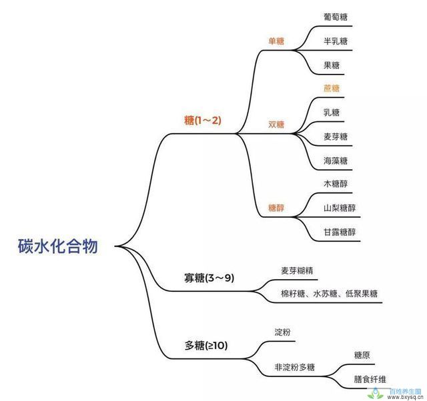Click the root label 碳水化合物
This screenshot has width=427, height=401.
tap(58, 246)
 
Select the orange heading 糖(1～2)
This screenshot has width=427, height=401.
tap(203, 120)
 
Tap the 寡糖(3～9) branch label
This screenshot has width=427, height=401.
tap(209, 278)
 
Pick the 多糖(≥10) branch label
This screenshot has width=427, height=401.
tap(206, 346)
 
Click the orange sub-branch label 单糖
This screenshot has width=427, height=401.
tap(276, 41)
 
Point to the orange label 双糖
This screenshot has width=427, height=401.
tap(276, 125)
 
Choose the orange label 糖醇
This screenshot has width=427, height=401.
tap(276, 208)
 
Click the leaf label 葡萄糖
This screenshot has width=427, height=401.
tap(336, 17)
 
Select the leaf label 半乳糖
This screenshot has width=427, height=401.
tap(336, 41)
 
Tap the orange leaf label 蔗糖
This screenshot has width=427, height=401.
tap(332, 89)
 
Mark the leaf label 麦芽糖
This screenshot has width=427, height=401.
tap(336, 137)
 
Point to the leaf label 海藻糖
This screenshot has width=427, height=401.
tap(336, 161)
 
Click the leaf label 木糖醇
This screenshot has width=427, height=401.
tap(336, 184)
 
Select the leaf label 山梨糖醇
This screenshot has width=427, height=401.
tap(340, 208)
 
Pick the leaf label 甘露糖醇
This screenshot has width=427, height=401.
tap(340, 232)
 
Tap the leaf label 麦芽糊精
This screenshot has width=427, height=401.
tap(297, 270)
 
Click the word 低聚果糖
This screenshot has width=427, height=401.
tap(362, 294)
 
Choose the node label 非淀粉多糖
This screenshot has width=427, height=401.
tap(294, 367)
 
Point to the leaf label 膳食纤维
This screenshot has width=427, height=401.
tap(370, 379)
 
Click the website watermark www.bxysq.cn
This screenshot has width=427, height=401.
tap(405, 398)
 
